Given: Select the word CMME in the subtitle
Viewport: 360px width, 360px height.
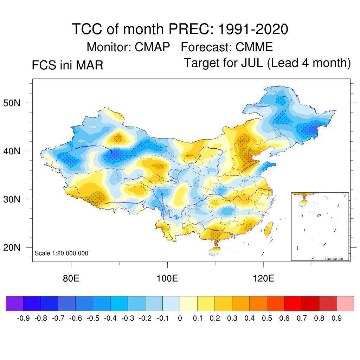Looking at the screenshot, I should click(x=254, y=47).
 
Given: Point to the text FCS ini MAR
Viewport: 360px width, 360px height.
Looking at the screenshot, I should click(x=67, y=65).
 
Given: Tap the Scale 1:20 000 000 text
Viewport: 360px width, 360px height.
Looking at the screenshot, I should click(x=62, y=253).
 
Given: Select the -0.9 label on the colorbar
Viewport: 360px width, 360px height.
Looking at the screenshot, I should click(x=23, y=319).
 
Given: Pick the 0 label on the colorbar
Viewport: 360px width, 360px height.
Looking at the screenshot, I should click(x=180, y=319).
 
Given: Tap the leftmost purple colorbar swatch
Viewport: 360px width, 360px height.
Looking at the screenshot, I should click(x=15, y=303).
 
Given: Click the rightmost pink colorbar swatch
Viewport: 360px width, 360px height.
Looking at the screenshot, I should click(x=345, y=303).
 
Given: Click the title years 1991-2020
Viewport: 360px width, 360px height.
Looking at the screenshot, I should click(x=253, y=29).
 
